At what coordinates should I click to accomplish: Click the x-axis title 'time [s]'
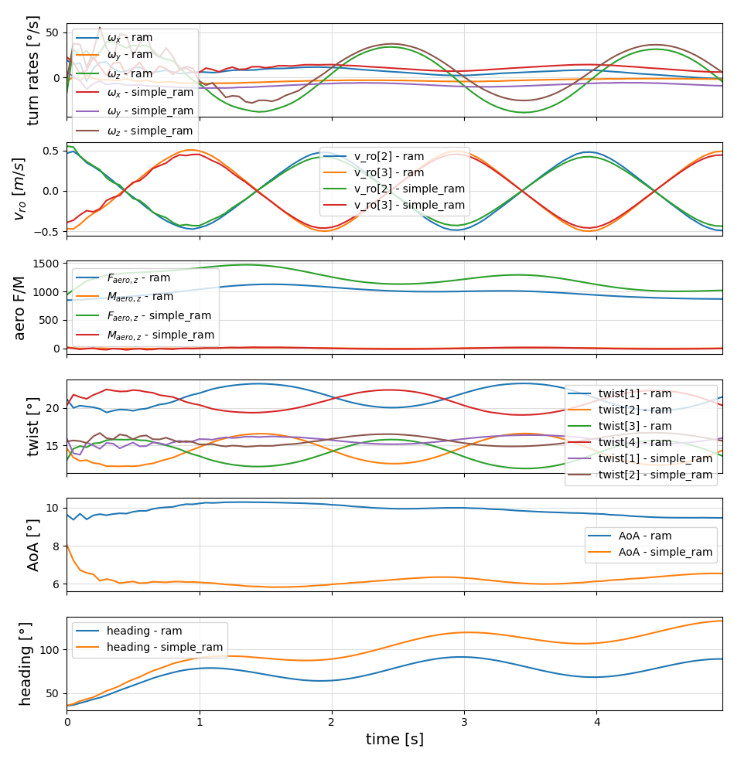tap(394, 740)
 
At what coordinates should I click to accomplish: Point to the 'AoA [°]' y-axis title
tap(33, 545)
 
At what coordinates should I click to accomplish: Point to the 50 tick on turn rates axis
tap(51, 32)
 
